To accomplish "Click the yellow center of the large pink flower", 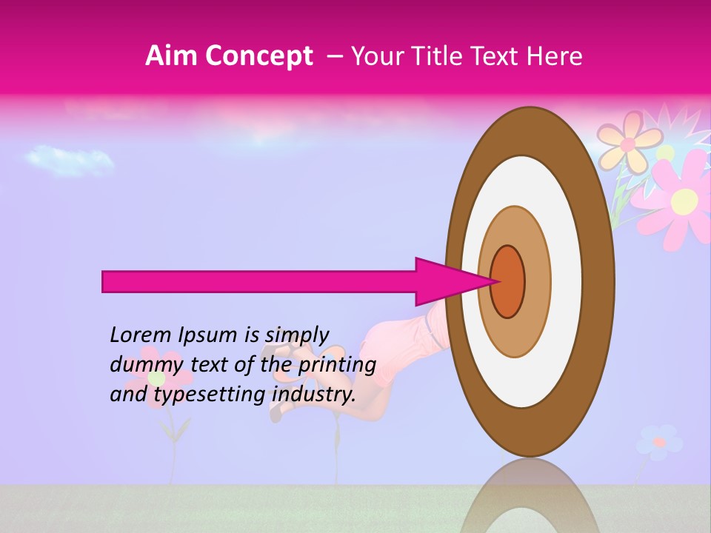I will point(684,200).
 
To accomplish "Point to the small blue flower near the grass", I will point(658,442).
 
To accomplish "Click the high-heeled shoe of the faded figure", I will point(277,412).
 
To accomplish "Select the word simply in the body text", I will point(296,335).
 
